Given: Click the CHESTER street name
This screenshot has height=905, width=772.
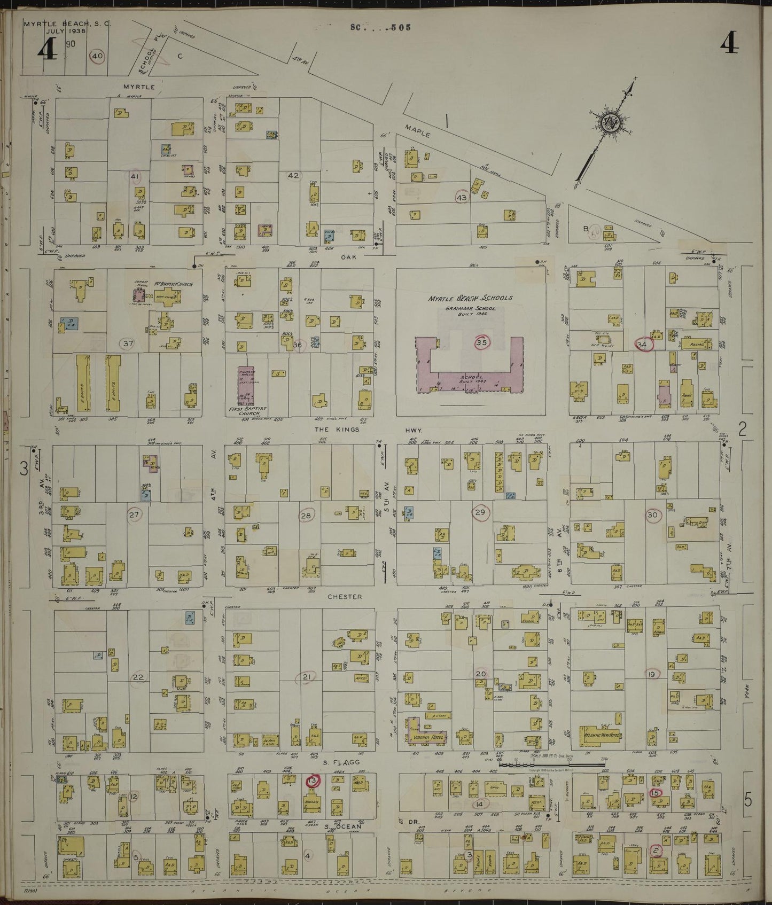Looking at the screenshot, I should coord(345,597).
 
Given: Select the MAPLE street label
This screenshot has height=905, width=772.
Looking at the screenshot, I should coord(417,131).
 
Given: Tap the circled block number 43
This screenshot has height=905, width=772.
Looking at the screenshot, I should coord(462,198).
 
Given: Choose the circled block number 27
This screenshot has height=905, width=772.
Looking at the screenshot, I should coord(134,515).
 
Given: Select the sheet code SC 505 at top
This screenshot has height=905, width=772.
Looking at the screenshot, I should coord(381,27).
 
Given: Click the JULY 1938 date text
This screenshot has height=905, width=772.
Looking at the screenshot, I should coord(55,30).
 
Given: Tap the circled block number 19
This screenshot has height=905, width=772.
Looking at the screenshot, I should coord(652,674).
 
